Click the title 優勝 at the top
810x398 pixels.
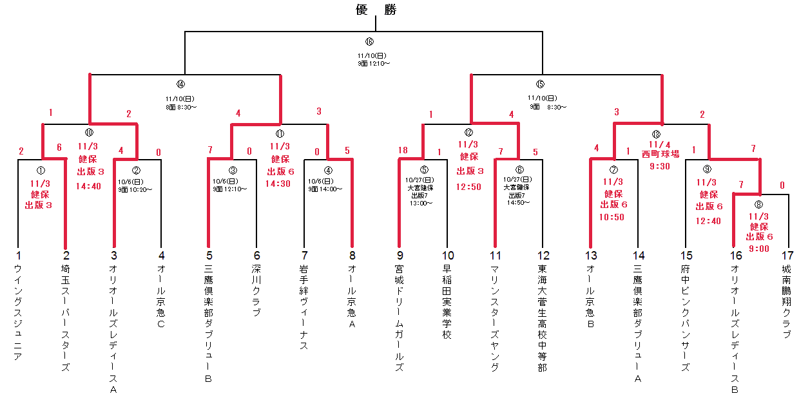(x=376, y=10)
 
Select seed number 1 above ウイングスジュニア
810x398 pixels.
(x=19, y=256)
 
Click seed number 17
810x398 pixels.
(x=786, y=256)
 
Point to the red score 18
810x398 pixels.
(x=403, y=151)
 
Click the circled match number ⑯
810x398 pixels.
(x=369, y=42)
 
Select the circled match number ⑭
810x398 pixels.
(x=180, y=84)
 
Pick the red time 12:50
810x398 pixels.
(x=468, y=186)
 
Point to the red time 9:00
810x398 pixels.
(x=758, y=249)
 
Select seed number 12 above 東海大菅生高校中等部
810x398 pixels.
(x=543, y=256)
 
